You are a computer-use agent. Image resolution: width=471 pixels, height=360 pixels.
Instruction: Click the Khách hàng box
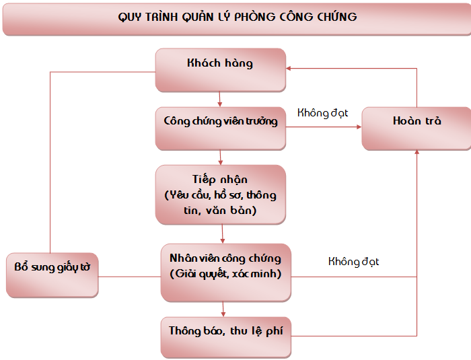pyautogui.click(x=221, y=70)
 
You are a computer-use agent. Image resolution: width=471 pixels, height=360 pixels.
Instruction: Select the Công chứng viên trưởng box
pyautogui.click(x=221, y=129)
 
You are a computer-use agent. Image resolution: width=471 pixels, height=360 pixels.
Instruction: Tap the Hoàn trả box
pyautogui.click(x=416, y=129)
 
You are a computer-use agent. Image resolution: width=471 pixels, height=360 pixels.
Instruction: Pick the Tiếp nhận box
pyautogui.click(x=221, y=194)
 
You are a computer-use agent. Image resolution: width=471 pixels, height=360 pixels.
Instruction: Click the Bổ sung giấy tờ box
pyautogui.click(x=52, y=275)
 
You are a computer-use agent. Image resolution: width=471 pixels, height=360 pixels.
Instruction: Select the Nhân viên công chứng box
pyautogui.click(x=226, y=273)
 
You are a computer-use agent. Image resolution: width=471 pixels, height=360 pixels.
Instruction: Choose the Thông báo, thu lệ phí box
pyautogui.click(x=226, y=338)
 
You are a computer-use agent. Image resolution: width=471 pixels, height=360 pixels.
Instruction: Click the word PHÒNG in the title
pyautogui.click(x=254, y=17)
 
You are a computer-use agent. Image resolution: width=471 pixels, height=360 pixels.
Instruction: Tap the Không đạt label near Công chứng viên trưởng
pyautogui.click(x=322, y=113)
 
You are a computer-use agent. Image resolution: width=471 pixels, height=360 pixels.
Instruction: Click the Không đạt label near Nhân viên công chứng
pyautogui.click(x=353, y=262)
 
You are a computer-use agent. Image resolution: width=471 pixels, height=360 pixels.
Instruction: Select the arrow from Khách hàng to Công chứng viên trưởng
pyautogui.click(x=219, y=99)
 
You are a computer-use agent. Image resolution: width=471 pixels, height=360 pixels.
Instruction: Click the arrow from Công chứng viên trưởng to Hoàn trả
pyautogui.click(x=324, y=127)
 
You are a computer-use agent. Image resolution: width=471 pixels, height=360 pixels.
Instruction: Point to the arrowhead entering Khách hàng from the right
pyautogui.click(x=288, y=69)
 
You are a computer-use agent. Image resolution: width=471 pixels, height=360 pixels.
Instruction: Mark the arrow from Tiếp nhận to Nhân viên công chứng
pyautogui.click(x=222, y=233)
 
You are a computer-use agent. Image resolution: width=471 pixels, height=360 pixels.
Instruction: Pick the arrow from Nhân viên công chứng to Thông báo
pyautogui.click(x=223, y=310)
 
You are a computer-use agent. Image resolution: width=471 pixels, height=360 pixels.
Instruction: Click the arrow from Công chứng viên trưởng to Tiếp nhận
pyautogui.click(x=220, y=157)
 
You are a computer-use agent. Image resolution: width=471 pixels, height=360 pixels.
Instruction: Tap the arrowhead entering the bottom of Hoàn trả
pyautogui.click(x=416, y=152)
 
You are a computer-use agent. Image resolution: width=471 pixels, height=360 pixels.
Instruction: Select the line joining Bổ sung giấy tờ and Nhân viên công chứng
pyautogui.click(x=129, y=277)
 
